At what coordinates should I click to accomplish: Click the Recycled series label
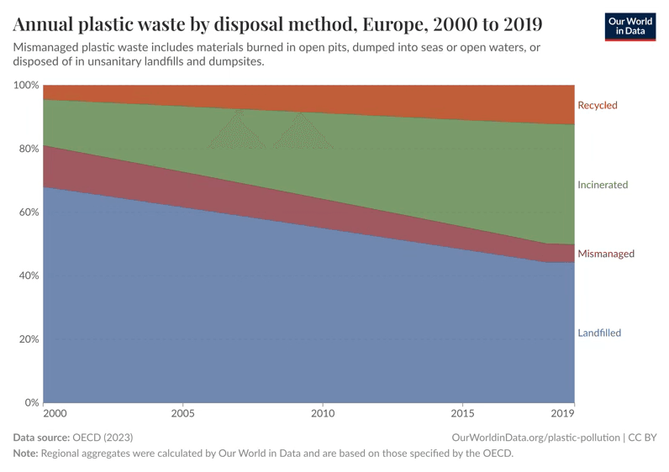click(597, 106)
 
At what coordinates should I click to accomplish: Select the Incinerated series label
click(602, 185)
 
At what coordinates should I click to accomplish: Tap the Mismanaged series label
click(605, 254)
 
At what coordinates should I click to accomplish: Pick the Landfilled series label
click(598, 333)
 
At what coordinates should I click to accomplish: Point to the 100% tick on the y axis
click(26, 86)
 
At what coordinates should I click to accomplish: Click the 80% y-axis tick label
click(29, 149)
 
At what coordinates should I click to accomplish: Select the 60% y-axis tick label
click(29, 212)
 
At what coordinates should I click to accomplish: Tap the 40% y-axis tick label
click(29, 276)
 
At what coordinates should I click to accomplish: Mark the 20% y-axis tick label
click(29, 339)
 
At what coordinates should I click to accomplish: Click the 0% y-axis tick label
click(31, 403)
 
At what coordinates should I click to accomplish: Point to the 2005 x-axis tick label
click(183, 414)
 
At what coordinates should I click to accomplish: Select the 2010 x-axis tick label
click(323, 414)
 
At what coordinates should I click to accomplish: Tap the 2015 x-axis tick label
click(462, 414)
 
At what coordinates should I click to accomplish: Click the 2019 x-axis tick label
click(562, 414)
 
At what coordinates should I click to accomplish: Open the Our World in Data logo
click(630, 27)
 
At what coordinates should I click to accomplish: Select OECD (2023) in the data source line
click(103, 438)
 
